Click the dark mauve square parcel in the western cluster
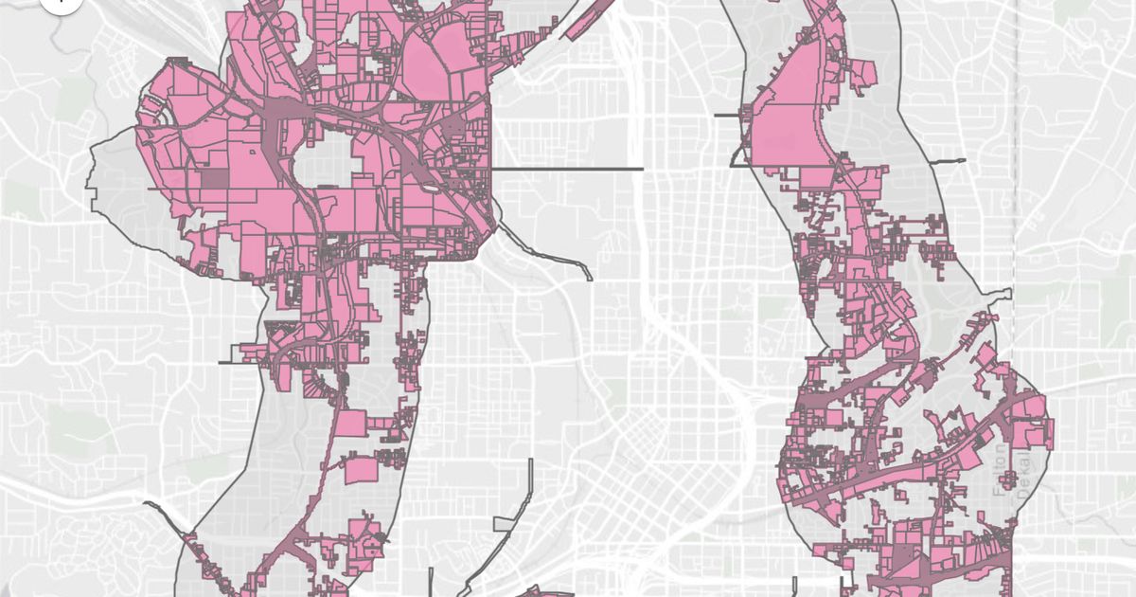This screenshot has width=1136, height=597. pos(214,179)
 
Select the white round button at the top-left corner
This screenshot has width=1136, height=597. pos(59,3)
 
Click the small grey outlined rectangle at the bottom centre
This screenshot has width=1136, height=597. pos(506,523)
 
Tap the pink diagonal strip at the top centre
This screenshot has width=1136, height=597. pos(587,19)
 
